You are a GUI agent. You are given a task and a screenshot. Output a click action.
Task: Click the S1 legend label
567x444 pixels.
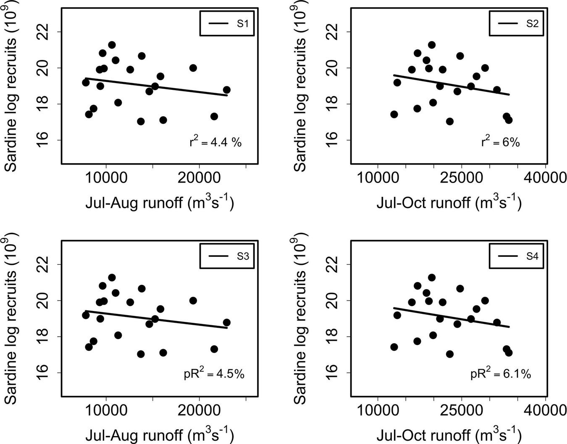(x=243, y=24)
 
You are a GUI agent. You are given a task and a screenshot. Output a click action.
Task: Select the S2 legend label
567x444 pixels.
(x=532, y=24)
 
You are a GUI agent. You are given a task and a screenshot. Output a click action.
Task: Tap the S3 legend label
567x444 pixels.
(x=243, y=256)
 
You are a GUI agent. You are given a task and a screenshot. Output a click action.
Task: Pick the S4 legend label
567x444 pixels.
(x=532, y=256)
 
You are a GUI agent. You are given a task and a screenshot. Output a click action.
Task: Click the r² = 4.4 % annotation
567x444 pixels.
(x=215, y=142)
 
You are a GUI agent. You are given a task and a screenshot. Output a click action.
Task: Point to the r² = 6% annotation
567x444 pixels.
(x=501, y=142)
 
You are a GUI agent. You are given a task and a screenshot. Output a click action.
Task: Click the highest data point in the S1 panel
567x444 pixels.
(x=112, y=45)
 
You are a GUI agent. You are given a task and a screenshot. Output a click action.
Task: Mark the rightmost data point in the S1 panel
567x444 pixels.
(x=226, y=90)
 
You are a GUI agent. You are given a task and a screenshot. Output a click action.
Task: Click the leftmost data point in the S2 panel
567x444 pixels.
(x=394, y=114)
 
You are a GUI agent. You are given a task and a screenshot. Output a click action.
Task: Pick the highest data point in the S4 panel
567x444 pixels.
(x=431, y=277)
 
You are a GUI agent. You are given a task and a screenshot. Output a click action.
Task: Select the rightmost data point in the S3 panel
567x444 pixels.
(x=226, y=322)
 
